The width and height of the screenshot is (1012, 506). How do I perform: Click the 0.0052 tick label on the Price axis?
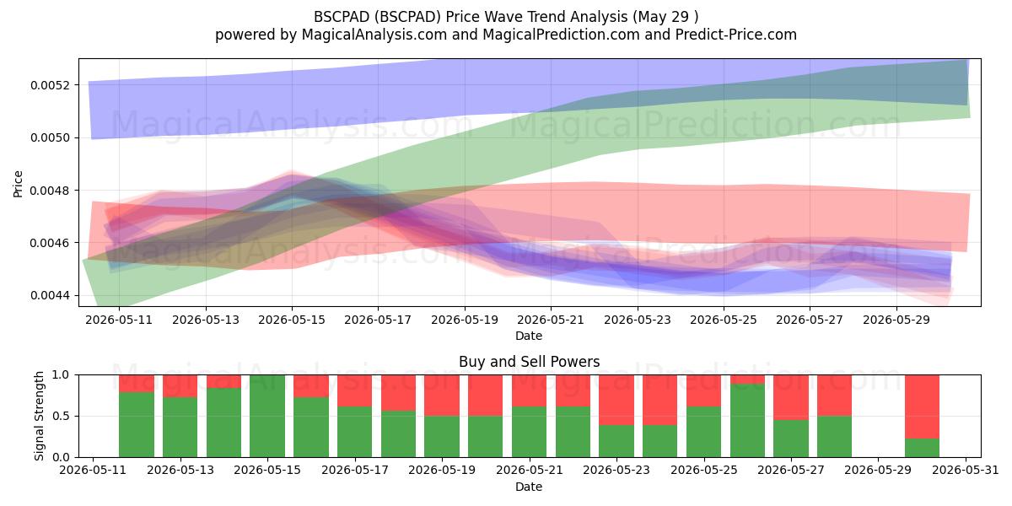click(50, 85)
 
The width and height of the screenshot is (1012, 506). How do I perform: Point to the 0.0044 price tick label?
click(50, 295)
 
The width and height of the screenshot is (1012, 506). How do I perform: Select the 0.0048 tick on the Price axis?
click(50, 191)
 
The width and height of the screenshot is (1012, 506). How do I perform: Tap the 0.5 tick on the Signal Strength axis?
click(61, 416)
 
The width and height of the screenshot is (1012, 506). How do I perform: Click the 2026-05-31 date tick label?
click(966, 471)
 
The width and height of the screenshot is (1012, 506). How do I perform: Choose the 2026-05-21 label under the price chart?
click(551, 320)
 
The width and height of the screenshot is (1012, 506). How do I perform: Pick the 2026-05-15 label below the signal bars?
click(267, 471)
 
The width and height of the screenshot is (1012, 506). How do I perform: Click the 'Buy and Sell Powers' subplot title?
click(529, 362)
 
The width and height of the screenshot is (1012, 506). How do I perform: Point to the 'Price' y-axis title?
click(18, 184)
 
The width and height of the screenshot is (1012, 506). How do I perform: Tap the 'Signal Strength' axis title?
click(39, 416)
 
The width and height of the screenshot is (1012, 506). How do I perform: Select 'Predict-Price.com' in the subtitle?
click(736, 35)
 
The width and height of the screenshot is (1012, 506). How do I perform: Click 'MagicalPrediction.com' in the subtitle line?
click(561, 35)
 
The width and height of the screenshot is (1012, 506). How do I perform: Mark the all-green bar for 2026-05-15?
click(267, 416)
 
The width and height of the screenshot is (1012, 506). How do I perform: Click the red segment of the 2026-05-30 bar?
click(922, 406)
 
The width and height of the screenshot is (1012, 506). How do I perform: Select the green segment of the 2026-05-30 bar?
click(922, 448)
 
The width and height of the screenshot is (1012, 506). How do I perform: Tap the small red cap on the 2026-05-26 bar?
click(748, 379)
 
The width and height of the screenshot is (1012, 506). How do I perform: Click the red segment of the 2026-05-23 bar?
click(616, 400)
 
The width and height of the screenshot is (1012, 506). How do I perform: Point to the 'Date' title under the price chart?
click(529, 336)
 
